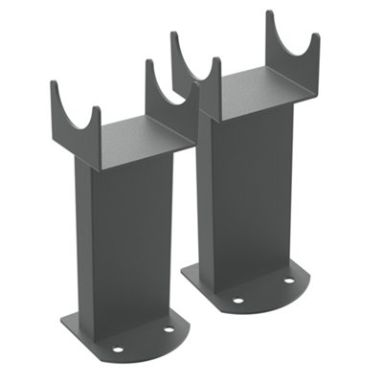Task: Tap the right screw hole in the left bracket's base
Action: coord(169,329)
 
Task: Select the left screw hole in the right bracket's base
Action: coord(237,300)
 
